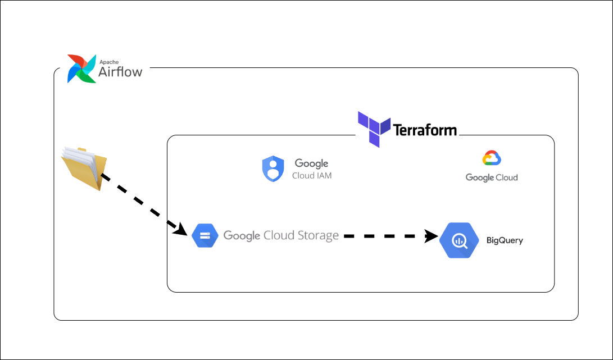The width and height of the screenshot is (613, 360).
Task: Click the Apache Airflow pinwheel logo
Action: coord(81,69)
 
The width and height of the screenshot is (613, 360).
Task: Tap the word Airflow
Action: coord(120,71)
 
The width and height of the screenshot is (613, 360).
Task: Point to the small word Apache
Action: coord(109,62)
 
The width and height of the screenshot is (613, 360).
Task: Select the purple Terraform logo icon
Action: coord(374,129)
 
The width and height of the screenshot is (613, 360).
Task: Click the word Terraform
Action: coord(425,130)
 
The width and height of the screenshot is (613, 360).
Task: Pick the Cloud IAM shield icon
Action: coord(273,169)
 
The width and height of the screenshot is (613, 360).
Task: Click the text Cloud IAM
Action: coord(312,175)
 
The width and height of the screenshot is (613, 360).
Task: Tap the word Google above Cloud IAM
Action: coord(312,163)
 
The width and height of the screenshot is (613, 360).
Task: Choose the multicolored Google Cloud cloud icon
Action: coord(492,158)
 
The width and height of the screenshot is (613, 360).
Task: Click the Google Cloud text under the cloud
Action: coord(492,177)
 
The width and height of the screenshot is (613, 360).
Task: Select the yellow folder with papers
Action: coord(84,168)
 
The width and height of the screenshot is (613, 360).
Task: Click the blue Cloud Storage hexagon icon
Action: coord(205,236)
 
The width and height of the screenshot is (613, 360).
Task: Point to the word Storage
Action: coord(318,236)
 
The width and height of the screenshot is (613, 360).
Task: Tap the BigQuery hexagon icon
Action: coord(459,240)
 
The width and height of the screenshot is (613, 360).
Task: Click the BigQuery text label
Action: coord(505,240)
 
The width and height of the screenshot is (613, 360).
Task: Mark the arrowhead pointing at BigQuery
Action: coord(432,236)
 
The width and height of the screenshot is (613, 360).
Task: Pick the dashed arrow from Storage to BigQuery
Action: coord(391,236)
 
